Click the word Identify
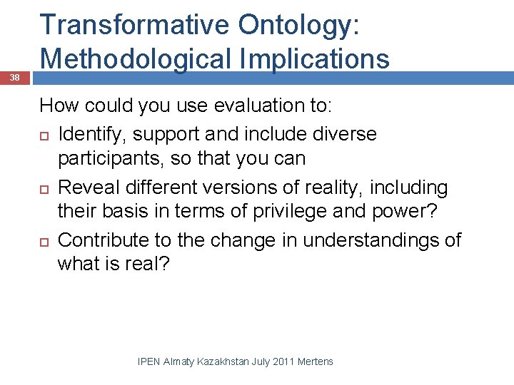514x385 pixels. (88, 134)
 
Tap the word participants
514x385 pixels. (112, 158)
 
